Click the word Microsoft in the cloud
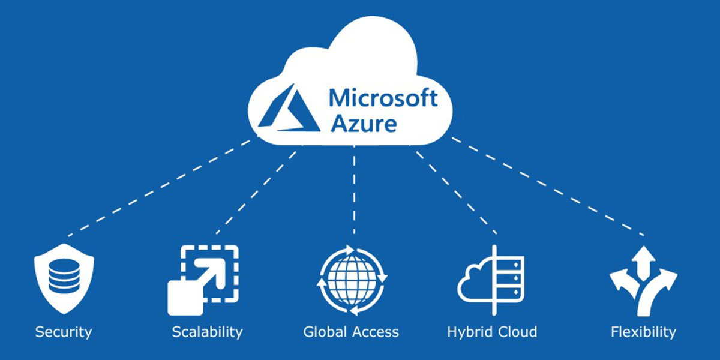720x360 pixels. (x=383, y=98)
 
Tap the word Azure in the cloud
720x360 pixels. (x=364, y=124)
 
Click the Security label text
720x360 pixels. (x=64, y=332)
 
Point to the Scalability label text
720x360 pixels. (x=208, y=332)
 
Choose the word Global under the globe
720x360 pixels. (x=325, y=332)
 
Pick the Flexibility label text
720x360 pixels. (x=643, y=332)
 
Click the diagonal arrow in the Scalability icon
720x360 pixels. (x=209, y=275)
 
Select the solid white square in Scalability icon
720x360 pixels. (x=185, y=298)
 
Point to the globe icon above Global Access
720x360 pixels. (x=352, y=280)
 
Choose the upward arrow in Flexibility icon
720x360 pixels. (x=643, y=263)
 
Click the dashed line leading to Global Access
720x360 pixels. (x=354, y=190)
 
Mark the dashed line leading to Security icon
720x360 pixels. (x=159, y=188)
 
